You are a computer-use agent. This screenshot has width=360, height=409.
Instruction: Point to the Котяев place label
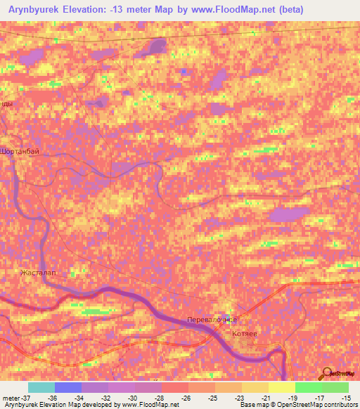coord(255,335)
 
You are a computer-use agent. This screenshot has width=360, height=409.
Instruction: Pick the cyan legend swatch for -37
coord(41,387)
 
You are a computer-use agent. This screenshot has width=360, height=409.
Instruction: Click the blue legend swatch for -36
coord(68,387)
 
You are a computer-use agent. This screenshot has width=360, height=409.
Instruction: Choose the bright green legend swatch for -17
coord(309,387)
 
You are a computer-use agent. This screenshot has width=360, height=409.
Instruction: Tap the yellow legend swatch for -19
coord(282,387)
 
